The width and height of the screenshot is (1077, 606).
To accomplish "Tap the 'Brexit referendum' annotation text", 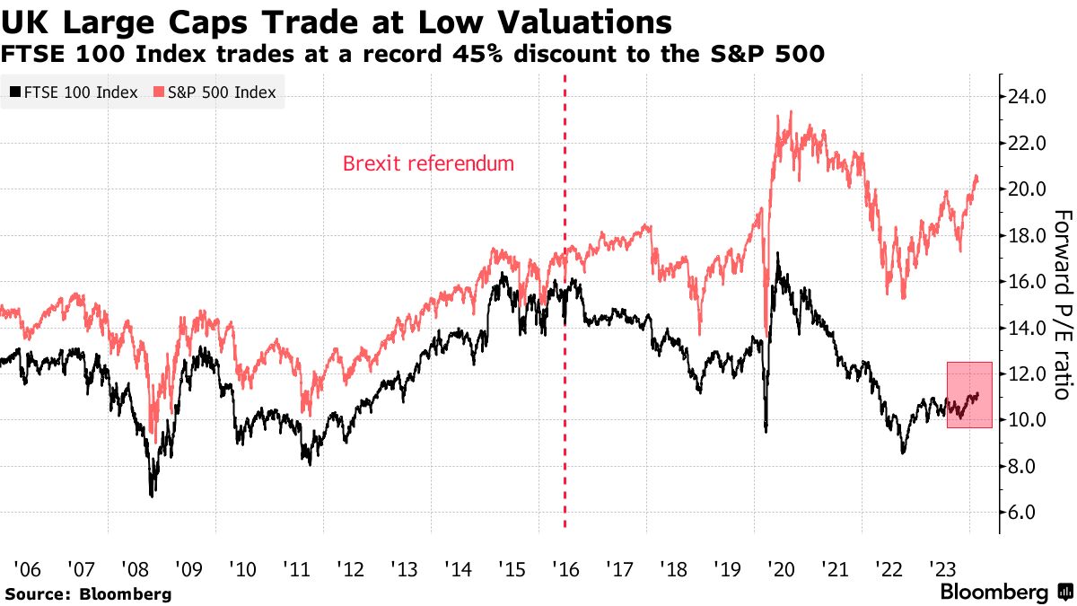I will pos(429,164).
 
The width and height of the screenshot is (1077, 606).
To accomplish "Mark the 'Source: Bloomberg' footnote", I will pos(88,593).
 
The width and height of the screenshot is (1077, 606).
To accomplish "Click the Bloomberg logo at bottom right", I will pos(1005,593).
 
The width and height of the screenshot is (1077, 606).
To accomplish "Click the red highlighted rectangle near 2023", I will pos(969,395).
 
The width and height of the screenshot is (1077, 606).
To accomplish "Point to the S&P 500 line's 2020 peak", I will pos(790,112).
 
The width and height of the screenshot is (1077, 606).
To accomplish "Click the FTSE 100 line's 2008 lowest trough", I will pos(152,495).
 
